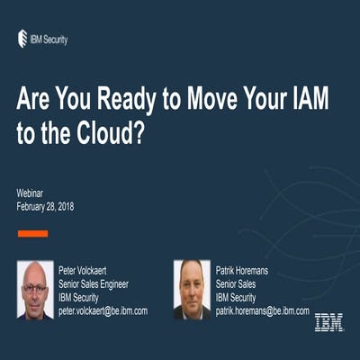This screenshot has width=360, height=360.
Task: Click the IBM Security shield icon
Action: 22,38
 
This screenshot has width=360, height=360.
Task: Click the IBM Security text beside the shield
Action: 49,39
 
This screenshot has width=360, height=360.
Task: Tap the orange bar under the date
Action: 33,233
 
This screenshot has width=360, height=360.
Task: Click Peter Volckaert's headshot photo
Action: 35,290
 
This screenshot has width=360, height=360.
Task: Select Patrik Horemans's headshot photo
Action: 193,290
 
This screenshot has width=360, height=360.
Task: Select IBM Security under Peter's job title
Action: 82,297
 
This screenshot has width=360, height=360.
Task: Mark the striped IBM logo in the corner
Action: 328,321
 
